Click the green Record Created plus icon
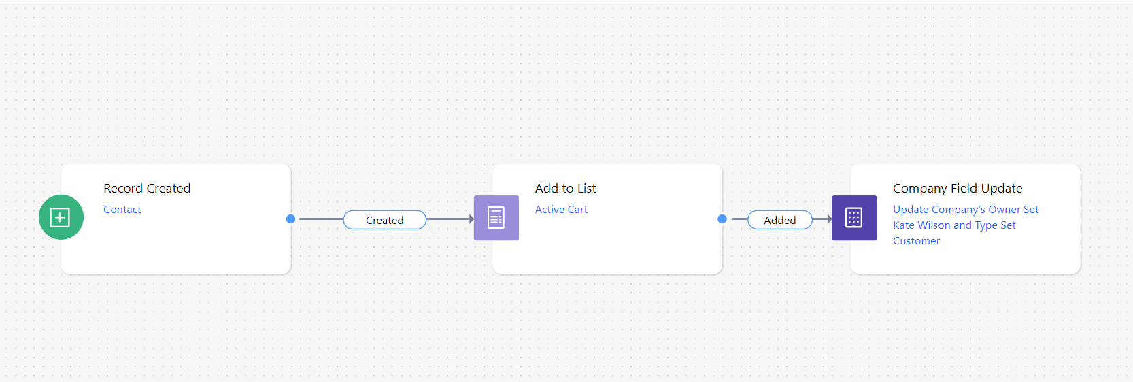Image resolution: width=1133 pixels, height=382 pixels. pos(61,217)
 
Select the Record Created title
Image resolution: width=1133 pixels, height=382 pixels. pos(147,189)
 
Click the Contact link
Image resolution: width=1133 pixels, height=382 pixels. pos(122,210)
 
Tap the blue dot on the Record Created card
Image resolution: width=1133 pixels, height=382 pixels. pos(290,219)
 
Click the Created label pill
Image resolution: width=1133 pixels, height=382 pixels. pos(385,220)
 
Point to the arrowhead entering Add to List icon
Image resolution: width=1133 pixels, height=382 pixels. pos(471,219)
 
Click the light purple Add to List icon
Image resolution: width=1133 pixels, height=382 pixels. pos(496,218)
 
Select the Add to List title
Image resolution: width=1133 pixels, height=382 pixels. pos(566,189)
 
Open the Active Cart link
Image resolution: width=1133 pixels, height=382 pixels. pos(562,210)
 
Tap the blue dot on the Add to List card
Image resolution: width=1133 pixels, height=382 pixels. pos(722,219)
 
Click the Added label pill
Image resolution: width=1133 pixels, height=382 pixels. pos(780,220)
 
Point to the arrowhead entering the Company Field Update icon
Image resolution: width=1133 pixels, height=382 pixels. pos(830,219)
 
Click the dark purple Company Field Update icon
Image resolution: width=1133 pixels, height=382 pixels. pos(854,218)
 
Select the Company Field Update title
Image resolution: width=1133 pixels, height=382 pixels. pos(958,189)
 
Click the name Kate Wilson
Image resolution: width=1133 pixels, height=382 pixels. pos(921,225)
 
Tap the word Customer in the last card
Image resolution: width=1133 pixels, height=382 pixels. pos(916,241)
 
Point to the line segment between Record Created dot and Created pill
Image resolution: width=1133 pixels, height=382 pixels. pos(321,219)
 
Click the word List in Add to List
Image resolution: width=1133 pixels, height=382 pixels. pos(587,189)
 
